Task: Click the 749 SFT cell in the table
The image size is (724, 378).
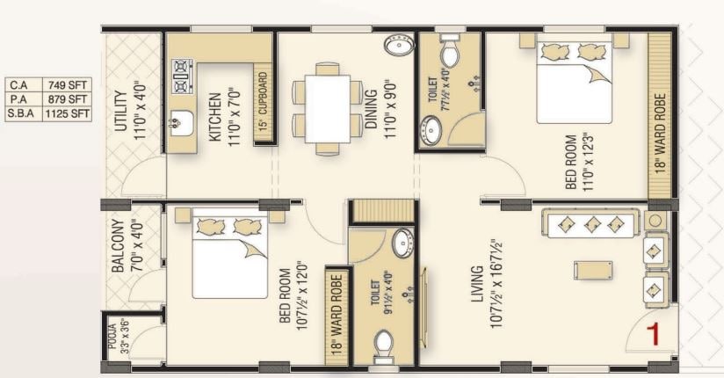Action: point(68,85)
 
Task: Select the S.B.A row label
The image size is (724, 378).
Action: point(22,113)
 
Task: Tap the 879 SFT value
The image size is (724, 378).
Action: point(68,98)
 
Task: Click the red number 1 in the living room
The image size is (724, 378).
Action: point(653,333)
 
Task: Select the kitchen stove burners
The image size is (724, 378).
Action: point(182,76)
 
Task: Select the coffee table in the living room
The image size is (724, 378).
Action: point(588,268)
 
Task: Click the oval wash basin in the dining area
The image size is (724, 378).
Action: point(399,46)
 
